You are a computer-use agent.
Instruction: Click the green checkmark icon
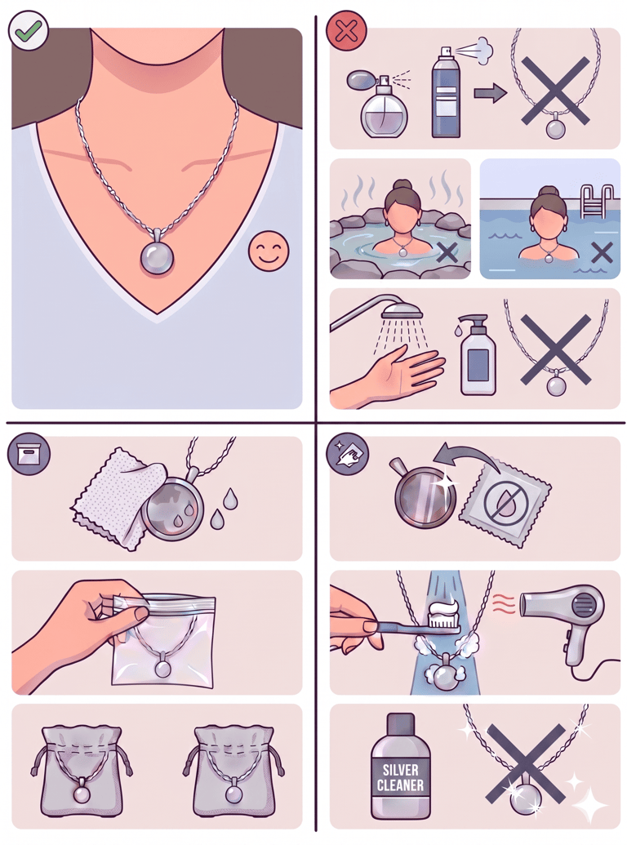pyautogui.click(x=28, y=31)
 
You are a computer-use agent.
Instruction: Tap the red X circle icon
pyautogui.click(x=346, y=31)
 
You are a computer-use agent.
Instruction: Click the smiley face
pyautogui.click(x=269, y=251)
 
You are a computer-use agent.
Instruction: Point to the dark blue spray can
pyautogui.click(x=446, y=91)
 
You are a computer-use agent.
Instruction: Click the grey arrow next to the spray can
pyautogui.click(x=490, y=93)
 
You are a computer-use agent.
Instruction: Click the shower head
pyautogui.click(x=402, y=309)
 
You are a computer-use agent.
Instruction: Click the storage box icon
pyautogui.click(x=29, y=453)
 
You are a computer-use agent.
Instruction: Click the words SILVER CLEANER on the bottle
pyautogui.click(x=400, y=776)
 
